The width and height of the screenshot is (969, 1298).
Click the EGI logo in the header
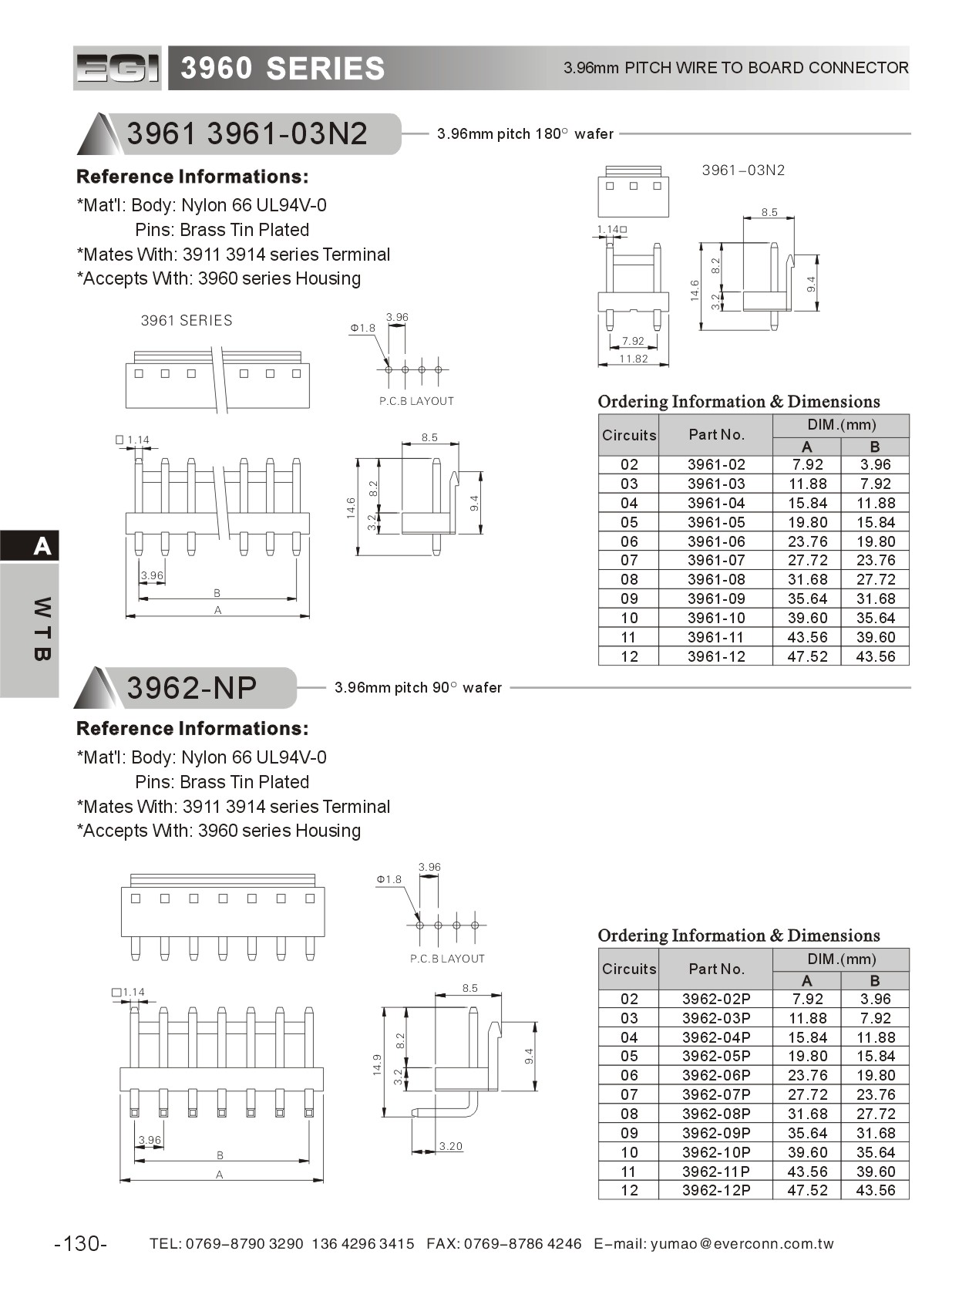pyautogui.click(x=117, y=69)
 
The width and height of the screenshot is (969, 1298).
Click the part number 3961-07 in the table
pyautogui.click(x=716, y=561)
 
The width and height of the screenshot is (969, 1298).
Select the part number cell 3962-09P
pyautogui.click(x=716, y=1133)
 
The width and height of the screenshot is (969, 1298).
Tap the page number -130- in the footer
pyautogui.click(x=81, y=1243)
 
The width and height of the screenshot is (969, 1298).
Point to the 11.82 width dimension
pyautogui.click(x=633, y=359)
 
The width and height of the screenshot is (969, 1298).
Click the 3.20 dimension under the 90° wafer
pyautogui.click(x=450, y=1146)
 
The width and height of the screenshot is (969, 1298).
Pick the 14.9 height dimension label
pyautogui.click(x=377, y=1064)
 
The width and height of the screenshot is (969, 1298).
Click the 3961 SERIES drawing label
pyautogui.click(x=187, y=321)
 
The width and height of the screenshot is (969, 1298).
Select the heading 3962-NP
pyautogui.click(x=192, y=688)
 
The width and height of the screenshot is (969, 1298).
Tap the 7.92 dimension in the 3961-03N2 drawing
pyautogui.click(x=633, y=341)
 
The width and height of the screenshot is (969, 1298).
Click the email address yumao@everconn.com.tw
pyautogui.click(x=742, y=1243)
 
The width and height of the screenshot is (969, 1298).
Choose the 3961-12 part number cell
pyautogui.click(x=716, y=656)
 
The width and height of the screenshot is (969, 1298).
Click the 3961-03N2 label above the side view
pyautogui.click(x=743, y=170)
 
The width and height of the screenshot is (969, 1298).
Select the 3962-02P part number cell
pyautogui.click(x=716, y=999)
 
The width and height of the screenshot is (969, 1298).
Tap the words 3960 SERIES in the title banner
pyautogui.click(x=283, y=69)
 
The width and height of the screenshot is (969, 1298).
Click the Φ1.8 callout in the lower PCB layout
pyautogui.click(x=389, y=879)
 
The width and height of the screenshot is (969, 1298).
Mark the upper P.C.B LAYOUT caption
pyautogui.click(x=416, y=401)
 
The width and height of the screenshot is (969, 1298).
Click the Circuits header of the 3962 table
pyautogui.click(x=629, y=969)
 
